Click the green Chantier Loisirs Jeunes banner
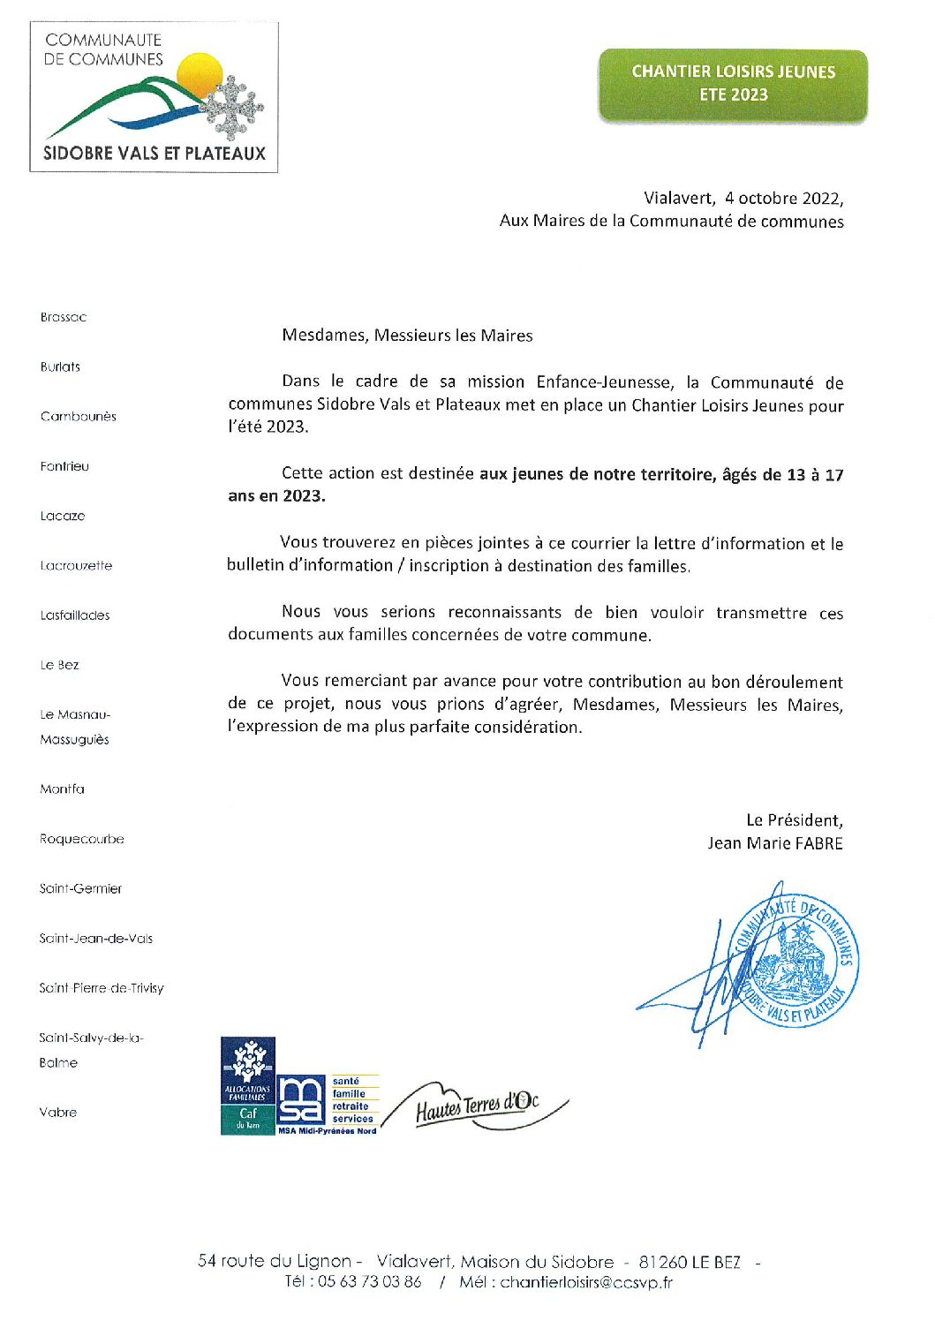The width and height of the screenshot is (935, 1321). pos(733,84)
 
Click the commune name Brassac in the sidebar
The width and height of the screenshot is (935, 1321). pos(64,317)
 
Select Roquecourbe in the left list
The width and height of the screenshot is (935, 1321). pos(81,839)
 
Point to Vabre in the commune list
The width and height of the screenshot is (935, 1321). pos(58,1113)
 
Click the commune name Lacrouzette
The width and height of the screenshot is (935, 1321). pos(76,566)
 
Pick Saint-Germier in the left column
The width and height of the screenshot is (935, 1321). pos(80,889)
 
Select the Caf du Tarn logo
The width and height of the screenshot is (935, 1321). pos(248,1085)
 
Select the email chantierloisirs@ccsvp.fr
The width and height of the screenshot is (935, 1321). pos(586,1282)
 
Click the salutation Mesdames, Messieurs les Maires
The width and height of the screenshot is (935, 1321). pos(407,336)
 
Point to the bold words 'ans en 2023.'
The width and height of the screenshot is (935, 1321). pos(276,496)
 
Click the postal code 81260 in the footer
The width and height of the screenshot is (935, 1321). pos(663,1262)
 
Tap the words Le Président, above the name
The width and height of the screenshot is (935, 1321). pos(794,820)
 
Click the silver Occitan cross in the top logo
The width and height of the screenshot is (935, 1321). pos(234,107)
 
